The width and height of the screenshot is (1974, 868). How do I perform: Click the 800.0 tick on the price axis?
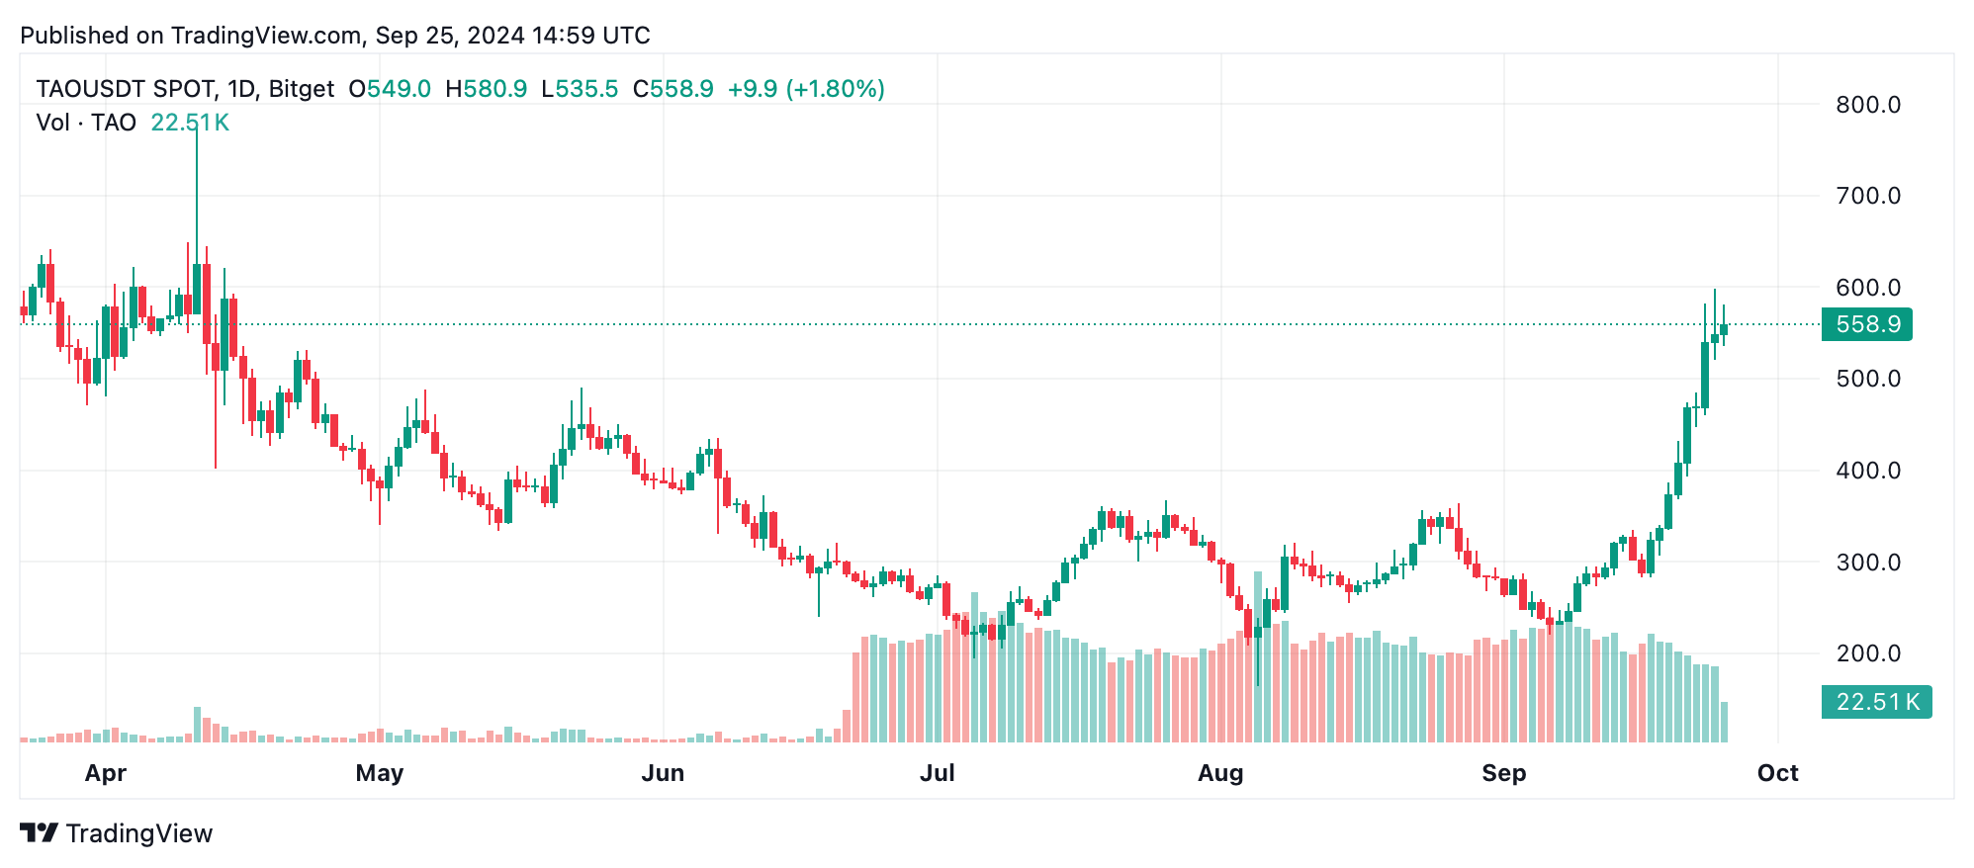tap(1867, 105)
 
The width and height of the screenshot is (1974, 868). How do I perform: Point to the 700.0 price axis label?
tap(1867, 196)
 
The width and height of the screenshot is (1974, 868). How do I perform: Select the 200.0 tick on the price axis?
tap(1867, 653)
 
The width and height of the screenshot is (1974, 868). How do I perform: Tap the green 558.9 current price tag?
tap(1866, 324)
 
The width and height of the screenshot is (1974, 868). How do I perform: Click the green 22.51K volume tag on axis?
tap(1876, 702)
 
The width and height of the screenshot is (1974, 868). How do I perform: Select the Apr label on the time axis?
tap(106, 773)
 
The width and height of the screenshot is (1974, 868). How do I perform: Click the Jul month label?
tap(938, 773)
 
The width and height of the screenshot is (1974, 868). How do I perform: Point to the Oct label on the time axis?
tap(1777, 773)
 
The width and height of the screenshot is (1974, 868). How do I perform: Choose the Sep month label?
tap(1503, 773)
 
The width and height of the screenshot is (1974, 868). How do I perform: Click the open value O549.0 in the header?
tap(390, 89)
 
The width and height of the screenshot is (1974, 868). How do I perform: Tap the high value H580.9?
tap(486, 89)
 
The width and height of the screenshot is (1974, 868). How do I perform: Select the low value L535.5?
tap(580, 89)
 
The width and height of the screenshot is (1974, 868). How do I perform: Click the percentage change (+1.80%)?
tap(835, 89)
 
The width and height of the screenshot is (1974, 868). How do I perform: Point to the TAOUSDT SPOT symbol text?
tap(126, 89)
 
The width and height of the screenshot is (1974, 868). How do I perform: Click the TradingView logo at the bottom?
tap(117, 833)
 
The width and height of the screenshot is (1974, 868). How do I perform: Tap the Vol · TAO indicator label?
tap(86, 123)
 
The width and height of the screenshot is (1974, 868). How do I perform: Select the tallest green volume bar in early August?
tap(1258, 657)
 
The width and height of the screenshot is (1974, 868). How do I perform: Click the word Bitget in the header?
tap(302, 89)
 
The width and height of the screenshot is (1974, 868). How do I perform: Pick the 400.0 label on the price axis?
tap(1867, 471)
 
